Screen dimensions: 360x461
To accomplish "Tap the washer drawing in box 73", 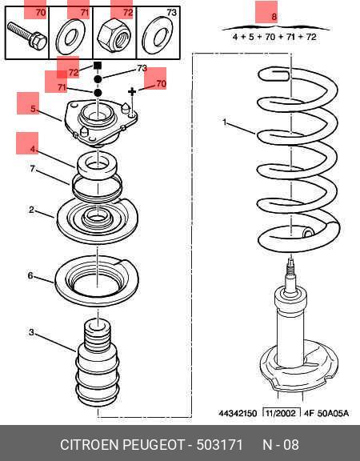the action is coord(158,35).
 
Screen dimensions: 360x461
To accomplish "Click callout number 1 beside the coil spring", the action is coord(225,122).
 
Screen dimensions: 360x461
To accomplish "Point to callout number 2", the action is coord(31,210).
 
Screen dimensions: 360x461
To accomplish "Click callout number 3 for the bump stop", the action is coord(31,332).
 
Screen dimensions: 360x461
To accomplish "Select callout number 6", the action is coord(30,275).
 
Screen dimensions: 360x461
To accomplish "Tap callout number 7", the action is coord(32,169).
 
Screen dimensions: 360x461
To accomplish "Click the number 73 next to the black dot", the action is coord(142,68).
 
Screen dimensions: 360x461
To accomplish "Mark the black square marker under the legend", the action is coord(98,65).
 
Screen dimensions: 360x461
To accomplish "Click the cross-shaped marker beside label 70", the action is coord(132,92).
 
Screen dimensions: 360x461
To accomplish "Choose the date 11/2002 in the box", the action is coord(281,413).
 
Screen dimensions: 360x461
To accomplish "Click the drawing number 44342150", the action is coord(238,413).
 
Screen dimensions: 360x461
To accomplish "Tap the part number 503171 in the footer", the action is coord(220,444).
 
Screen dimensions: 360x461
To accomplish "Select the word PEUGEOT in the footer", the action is coord(153,444).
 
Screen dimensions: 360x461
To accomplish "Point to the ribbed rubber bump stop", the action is coord(98,363).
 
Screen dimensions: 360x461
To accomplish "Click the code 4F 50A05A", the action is coord(326,413).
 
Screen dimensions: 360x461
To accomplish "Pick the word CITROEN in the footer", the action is coord(90,444).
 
